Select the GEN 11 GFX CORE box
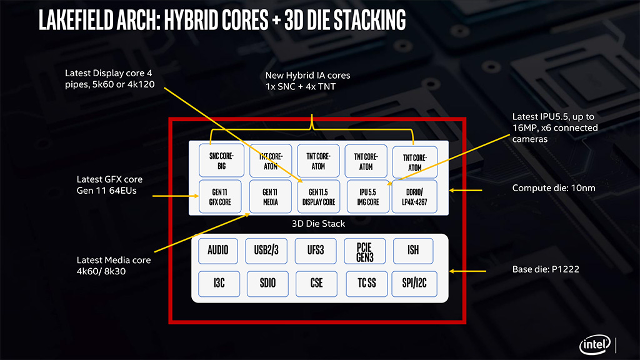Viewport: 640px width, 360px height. coord(216,197)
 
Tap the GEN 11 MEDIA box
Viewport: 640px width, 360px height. coord(267,197)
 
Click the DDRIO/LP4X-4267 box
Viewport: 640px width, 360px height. coord(414,197)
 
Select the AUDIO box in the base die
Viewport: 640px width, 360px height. coord(217,251)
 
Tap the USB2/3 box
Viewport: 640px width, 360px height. coord(267,251)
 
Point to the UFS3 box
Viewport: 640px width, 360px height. coord(317,251)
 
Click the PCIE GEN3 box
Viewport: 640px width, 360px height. coord(365,251)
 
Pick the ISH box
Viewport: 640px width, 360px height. coord(413,251)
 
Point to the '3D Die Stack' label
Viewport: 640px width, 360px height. coord(318,223)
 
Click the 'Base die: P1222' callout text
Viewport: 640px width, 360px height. coord(543,272)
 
